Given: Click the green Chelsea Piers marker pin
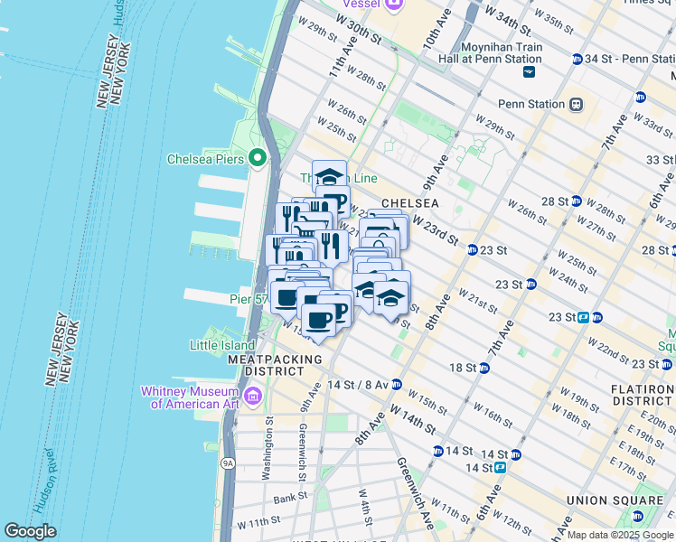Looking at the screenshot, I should coord(258,159).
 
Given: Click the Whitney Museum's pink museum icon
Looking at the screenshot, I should coord(252,395).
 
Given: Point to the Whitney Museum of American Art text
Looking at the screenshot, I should coord(188,397).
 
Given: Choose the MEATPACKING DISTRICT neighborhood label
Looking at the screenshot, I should coord(275,365).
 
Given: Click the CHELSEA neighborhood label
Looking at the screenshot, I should coord(409,203).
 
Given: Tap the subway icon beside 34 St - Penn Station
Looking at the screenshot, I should coord(577,60).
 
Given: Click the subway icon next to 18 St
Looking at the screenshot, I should coord(485,368).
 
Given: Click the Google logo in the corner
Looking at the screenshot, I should coord(31,531).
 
